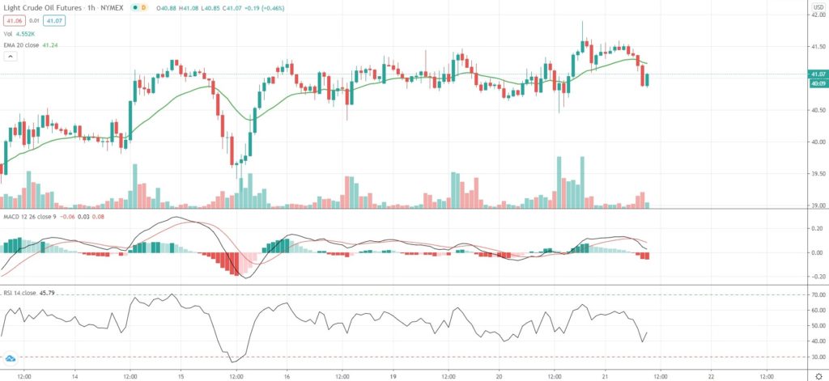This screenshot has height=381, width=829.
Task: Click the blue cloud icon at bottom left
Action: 11,358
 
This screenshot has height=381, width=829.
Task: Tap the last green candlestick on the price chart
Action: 648,79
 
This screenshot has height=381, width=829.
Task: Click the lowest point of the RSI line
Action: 233,362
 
